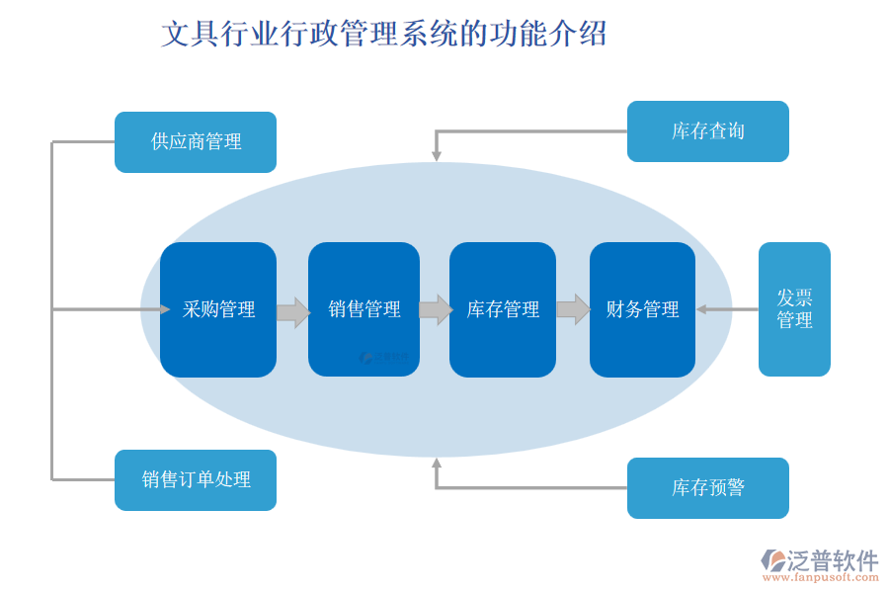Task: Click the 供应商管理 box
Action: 196,142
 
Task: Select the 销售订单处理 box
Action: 196,480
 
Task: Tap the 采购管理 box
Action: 218,309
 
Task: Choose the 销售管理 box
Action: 364,309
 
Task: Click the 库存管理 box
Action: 503,309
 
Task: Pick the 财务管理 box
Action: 642,309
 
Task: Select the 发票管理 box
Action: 794,309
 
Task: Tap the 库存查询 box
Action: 707,131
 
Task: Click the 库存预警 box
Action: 707,488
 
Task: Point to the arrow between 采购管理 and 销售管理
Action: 292,312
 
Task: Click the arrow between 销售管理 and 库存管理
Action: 435,309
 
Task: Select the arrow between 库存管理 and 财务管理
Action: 573,309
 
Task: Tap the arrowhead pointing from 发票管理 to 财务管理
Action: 701,309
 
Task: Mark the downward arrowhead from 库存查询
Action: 437,155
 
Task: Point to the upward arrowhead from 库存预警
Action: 437,462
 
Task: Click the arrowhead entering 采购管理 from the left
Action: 165,309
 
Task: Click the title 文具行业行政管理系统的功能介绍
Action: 383,35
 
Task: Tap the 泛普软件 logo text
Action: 832,560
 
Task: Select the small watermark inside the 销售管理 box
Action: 384,357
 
